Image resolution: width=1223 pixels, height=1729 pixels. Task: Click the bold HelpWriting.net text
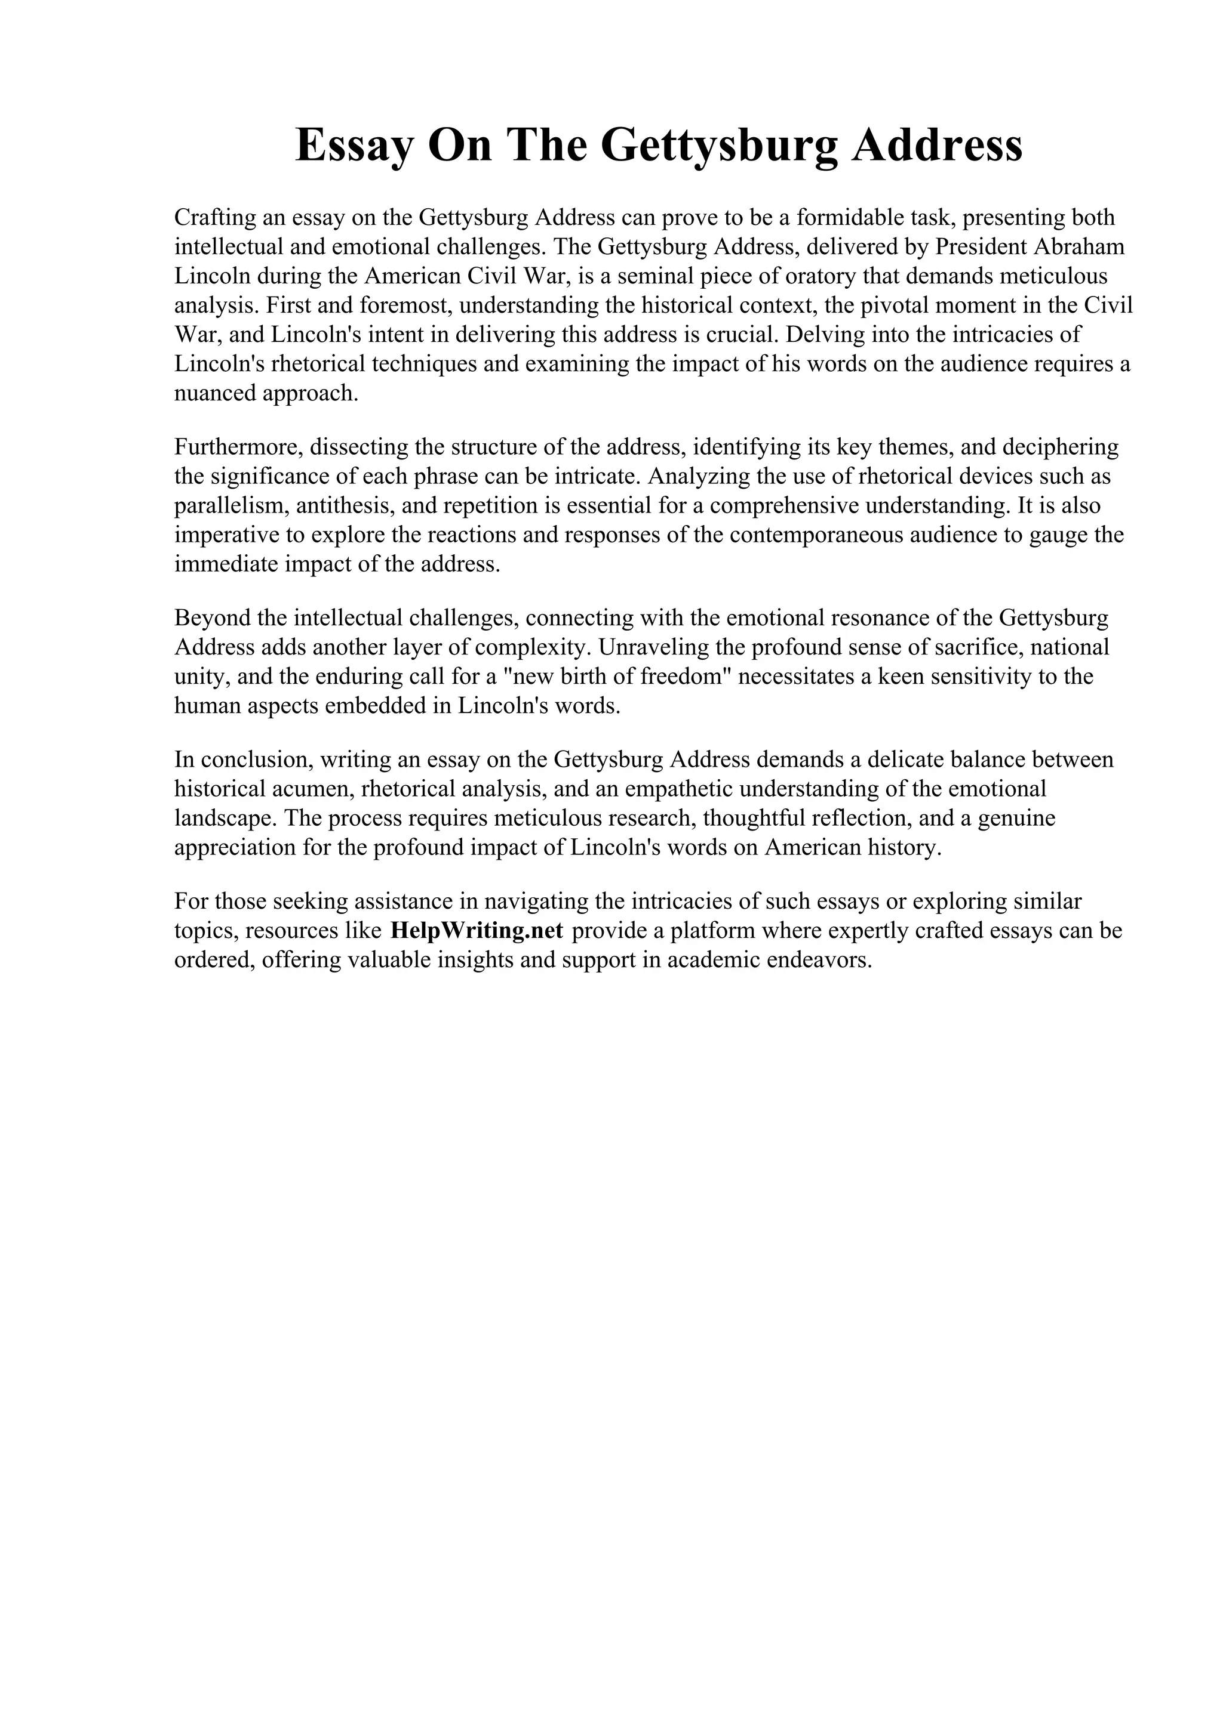(477, 931)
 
